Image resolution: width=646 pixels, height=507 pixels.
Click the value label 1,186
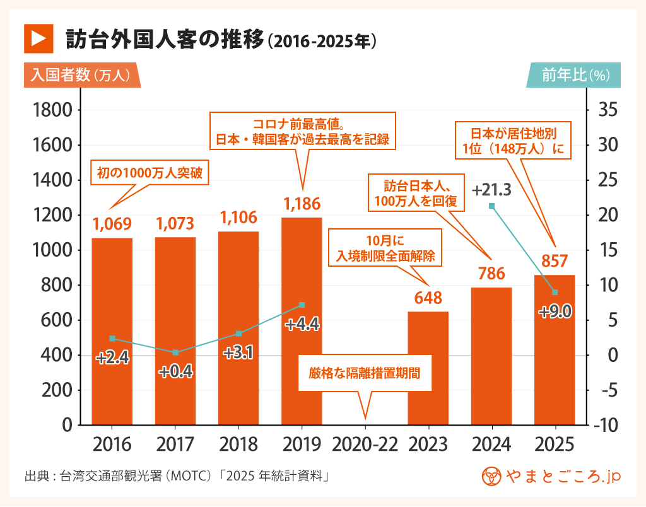302,204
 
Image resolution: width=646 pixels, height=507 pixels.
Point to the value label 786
491,274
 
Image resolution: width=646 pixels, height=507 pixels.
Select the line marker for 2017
175,352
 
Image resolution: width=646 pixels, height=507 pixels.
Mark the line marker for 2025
555,292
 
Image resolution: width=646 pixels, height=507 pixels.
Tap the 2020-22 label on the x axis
365,444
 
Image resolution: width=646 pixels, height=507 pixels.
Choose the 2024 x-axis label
491,444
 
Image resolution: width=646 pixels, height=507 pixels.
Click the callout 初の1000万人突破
150,172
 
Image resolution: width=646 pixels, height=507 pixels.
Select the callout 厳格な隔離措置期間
364,373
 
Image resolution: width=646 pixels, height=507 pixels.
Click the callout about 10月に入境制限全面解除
384,248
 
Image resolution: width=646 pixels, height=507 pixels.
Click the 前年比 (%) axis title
574,75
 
